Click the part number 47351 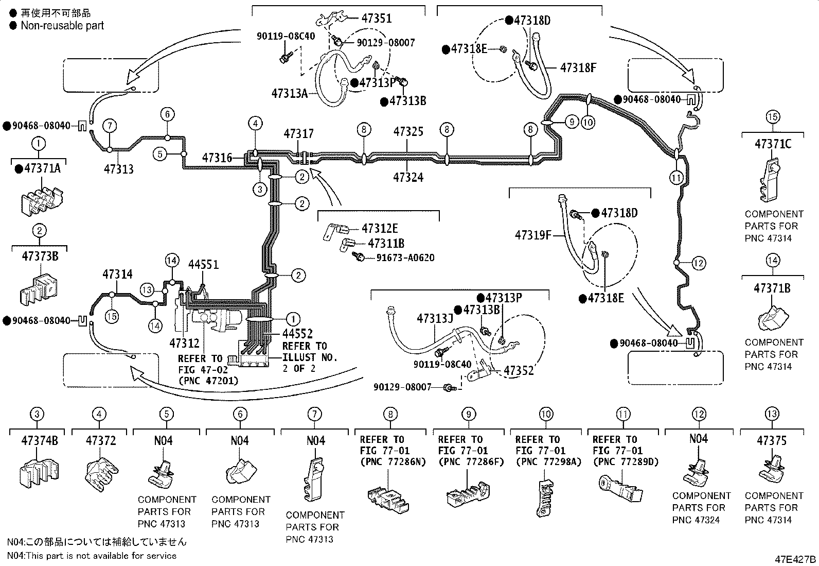[376, 19]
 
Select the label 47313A [290, 94]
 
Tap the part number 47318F [578, 68]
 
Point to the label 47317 [299, 133]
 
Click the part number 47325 [408, 131]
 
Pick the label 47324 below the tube [408, 178]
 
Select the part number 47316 [217, 158]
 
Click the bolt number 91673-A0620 [405, 258]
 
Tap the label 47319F [533, 235]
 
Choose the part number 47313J [435, 318]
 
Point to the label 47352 [519, 371]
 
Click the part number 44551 [203, 265]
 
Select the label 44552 [297, 334]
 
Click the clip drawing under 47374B [39, 473]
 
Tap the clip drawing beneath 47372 [102, 474]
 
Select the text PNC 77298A [548, 462]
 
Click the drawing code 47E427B [795, 559]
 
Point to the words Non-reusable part [62, 26]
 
